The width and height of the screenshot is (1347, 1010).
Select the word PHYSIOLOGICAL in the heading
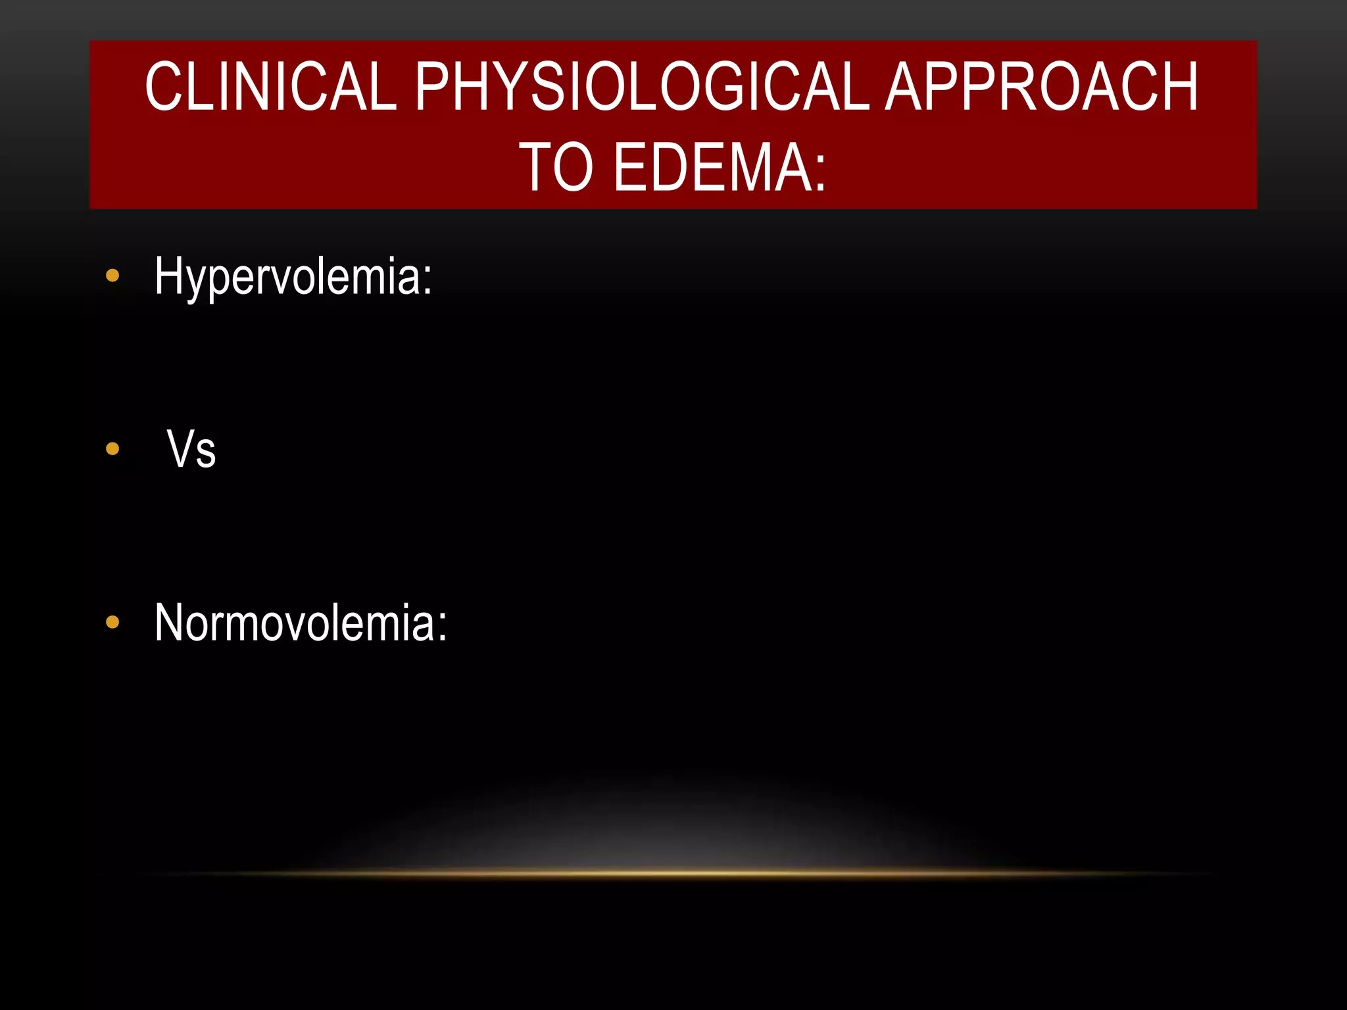(642, 87)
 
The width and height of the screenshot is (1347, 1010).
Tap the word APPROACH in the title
(1042, 87)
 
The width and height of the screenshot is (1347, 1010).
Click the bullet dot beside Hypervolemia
(112, 276)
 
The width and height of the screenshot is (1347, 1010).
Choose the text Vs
(191, 450)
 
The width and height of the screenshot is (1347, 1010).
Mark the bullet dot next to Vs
(112, 449)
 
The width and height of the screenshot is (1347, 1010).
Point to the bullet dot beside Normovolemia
(112, 622)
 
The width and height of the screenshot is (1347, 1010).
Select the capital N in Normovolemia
(170, 622)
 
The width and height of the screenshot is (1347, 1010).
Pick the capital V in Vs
(180, 449)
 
